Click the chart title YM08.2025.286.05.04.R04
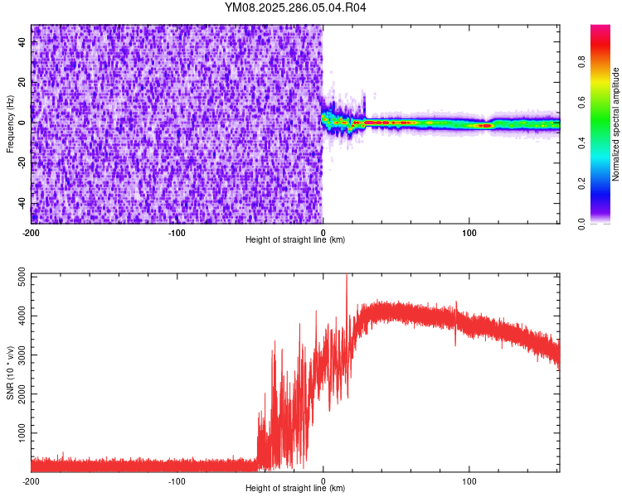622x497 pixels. tap(295, 7)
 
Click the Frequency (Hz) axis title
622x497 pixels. tap(10, 124)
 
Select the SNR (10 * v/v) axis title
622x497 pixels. tap(10, 373)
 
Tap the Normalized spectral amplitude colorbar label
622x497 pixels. tap(616, 124)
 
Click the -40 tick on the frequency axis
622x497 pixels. tap(20, 204)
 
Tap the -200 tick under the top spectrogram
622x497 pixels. tap(32, 232)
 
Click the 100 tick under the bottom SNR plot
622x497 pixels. tap(469, 480)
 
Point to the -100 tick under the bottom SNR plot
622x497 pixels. tap(177, 480)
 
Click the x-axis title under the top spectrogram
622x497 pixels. tap(295, 240)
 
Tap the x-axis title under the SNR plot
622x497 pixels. tap(295, 489)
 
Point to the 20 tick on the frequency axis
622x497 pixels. tap(22, 83)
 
